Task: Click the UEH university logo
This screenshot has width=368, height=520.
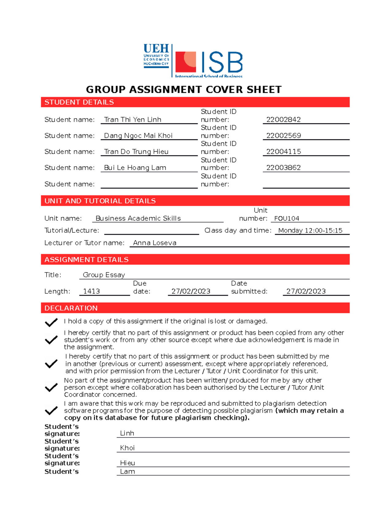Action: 156,56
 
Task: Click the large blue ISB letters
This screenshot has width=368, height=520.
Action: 222,62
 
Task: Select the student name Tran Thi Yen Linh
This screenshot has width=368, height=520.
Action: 132,120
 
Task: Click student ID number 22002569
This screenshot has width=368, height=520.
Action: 283,136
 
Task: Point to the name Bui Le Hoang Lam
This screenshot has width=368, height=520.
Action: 135,168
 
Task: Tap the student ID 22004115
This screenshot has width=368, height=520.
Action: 283,152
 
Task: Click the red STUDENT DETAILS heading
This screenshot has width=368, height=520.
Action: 79,102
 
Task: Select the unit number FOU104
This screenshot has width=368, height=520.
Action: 286,219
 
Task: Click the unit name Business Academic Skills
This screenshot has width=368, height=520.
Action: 138,218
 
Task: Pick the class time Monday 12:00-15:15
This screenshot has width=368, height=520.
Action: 310,231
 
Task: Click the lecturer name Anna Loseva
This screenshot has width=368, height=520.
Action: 155,243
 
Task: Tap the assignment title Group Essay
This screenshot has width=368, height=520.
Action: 104,275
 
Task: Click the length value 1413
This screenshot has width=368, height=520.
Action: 91,291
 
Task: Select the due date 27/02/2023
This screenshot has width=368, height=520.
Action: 191,291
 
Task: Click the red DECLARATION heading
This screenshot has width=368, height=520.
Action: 71,308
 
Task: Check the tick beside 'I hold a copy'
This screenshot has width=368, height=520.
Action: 51,322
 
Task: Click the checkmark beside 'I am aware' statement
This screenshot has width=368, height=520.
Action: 51,410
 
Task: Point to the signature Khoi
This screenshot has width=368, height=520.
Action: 127,448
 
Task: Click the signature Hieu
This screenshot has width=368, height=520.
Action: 127,463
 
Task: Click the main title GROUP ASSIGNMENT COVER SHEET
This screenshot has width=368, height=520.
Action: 184,89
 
